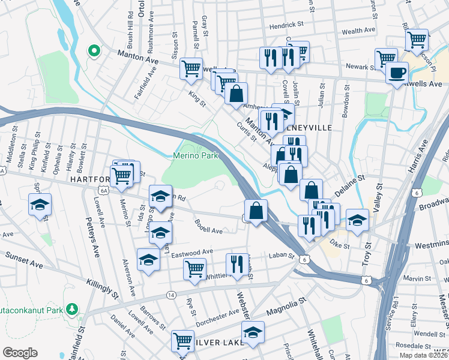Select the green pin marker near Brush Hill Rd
point(94,51)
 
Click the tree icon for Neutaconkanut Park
point(73,308)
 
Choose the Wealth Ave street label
point(358,30)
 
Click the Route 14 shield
point(171,295)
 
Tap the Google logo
point(20,353)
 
